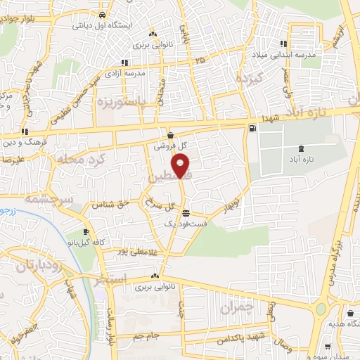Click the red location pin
tap(182, 167)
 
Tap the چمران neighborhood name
tap(235, 307)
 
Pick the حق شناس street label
tap(115, 203)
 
